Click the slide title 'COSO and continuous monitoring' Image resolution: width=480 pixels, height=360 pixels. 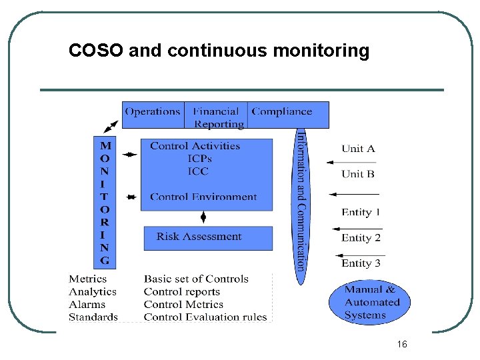coord(219,51)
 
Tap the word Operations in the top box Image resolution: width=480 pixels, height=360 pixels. coord(153,112)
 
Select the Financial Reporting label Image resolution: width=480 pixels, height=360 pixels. coord(218,118)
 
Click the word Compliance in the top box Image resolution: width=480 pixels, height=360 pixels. coord(281,112)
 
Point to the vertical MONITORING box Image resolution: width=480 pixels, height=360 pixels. coord(105,202)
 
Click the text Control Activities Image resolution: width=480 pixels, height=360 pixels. coord(195,146)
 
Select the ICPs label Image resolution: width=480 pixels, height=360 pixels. coord(199,159)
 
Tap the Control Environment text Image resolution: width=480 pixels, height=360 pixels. coord(203,197)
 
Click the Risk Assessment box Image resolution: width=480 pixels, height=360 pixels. coord(208,237)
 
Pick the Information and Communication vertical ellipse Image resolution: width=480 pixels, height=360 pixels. coord(301,200)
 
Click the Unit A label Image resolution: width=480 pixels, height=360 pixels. coord(358,149)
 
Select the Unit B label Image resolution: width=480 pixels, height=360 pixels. coord(358,174)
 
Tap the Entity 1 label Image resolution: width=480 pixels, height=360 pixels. coord(361,212)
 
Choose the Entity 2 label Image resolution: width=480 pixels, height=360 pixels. coord(361,237)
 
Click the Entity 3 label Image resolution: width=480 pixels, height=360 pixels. coord(361,263)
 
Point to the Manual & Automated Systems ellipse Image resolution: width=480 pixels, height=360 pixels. coord(369,302)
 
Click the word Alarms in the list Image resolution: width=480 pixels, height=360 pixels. coord(87,305)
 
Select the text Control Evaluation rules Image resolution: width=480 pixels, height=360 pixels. coord(205,317)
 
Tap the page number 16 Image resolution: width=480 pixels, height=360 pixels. coord(401,344)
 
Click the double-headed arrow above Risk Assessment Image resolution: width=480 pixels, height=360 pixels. coord(203,218)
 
